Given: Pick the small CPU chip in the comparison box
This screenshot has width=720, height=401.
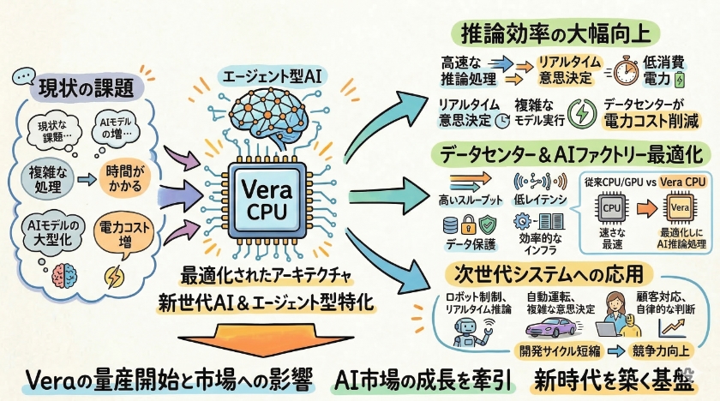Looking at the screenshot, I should point(613,208).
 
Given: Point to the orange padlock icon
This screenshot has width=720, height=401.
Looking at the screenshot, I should point(470,224).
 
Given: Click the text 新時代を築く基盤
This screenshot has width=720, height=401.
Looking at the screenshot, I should point(614,380).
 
